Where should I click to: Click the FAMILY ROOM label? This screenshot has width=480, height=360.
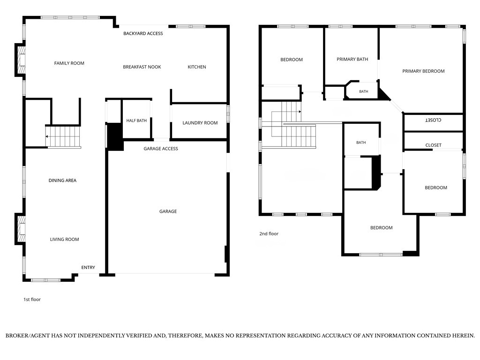click(x=69, y=63)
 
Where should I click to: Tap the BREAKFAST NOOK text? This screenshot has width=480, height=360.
click(x=142, y=67)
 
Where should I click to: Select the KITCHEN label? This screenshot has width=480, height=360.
click(x=197, y=67)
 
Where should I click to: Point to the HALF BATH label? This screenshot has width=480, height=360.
click(x=136, y=120)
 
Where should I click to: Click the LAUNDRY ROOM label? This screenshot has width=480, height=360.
click(x=200, y=123)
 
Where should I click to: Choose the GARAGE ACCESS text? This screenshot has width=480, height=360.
click(x=161, y=149)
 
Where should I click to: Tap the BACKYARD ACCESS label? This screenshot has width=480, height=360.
click(x=143, y=33)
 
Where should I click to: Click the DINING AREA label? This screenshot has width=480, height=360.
click(x=62, y=180)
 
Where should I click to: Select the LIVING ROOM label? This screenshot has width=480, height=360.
click(x=65, y=240)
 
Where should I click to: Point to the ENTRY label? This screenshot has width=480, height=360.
click(x=88, y=268)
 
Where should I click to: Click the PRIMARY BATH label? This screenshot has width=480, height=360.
click(x=352, y=60)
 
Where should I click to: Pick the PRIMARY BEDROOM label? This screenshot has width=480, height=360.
click(x=423, y=71)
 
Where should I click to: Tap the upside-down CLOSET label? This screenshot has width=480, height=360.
click(x=433, y=120)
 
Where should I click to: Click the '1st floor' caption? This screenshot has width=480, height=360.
click(x=32, y=300)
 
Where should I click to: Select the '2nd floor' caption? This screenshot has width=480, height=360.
click(x=269, y=233)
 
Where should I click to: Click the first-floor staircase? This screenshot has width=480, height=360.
click(x=63, y=136)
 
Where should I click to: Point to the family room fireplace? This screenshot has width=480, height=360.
click(x=21, y=60)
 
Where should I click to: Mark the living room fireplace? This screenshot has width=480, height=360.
click(x=21, y=229)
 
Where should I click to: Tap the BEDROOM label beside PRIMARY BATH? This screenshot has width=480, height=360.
click(x=292, y=60)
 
